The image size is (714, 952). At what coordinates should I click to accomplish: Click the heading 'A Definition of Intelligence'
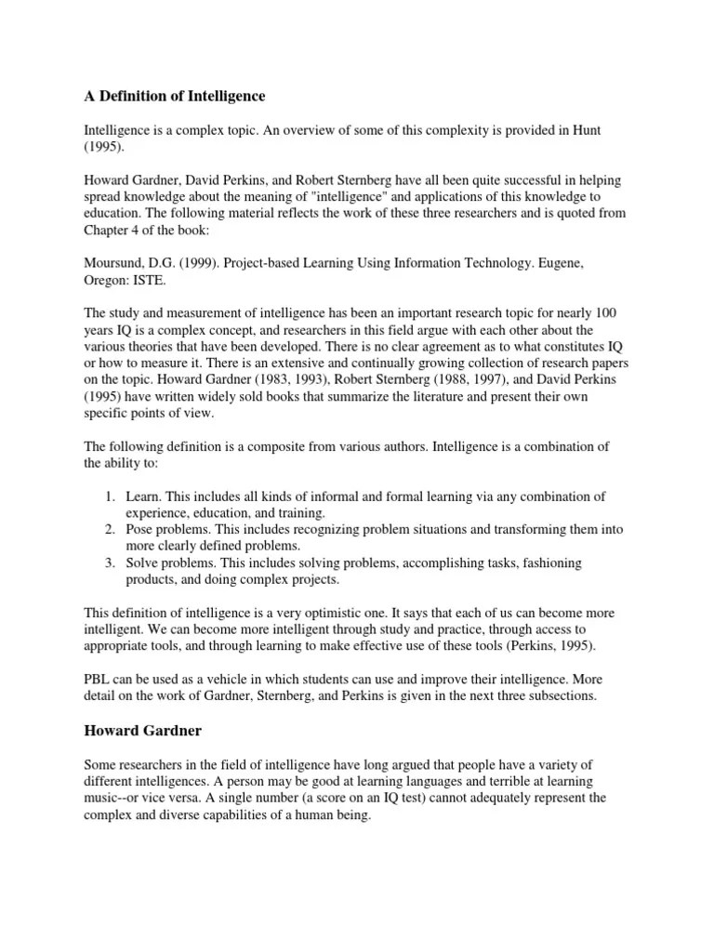coord(174,97)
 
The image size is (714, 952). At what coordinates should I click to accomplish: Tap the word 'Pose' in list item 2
coord(140,530)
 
